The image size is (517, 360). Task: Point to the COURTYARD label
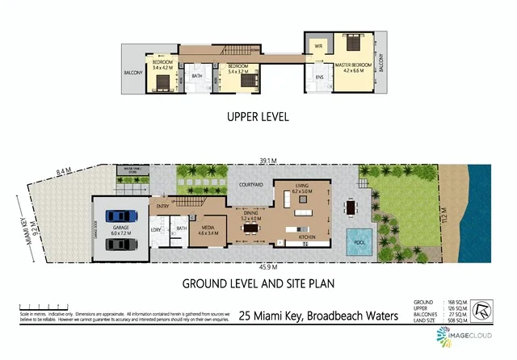(x=250, y=186)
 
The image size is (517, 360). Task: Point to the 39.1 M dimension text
(x=267, y=161)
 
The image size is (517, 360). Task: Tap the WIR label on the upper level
(x=319, y=46)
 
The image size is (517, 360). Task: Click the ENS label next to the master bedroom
(x=319, y=78)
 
